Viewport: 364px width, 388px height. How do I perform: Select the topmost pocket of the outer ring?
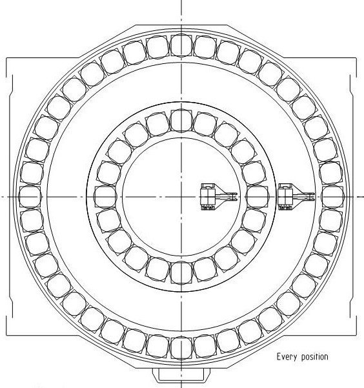pyautogui.click(x=181, y=45)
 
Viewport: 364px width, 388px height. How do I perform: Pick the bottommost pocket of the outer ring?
pyautogui.click(x=181, y=348)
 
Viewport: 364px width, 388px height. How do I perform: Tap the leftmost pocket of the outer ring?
pyautogui.click(x=30, y=196)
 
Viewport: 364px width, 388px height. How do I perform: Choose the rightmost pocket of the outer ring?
pyautogui.click(x=332, y=196)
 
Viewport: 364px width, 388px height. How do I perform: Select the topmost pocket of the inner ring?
pyautogui.click(x=181, y=121)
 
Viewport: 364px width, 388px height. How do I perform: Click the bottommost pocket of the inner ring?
pyautogui.click(x=181, y=272)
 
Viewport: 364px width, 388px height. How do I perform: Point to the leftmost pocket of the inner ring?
pyautogui.click(x=106, y=196)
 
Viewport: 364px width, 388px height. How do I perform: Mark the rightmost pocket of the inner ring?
pyautogui.click(x=257, y=196)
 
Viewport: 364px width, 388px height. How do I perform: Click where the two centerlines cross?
pyautogui.click(x=181, y=197)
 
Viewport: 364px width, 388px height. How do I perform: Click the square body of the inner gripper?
pyautogui.click(x=208, y=196)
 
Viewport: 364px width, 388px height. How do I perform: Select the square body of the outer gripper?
pyautogui.click(x=285, y=196)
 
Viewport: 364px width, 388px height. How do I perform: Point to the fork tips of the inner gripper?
pyautogui.click(x=234, y=197)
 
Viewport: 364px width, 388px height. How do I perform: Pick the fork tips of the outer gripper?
pyautogui.click(x=312, y=197)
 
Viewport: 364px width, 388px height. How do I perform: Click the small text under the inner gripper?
pyautogui.click(x=208, y=208)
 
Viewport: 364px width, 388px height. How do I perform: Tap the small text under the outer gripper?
pyautogui.click(x=285, y=208)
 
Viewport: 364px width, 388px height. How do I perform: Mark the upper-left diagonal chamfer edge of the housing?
pyautogui.click(x=107, y=41)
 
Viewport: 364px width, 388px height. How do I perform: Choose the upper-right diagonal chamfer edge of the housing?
pyautogui.click(x=256, y=41)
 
